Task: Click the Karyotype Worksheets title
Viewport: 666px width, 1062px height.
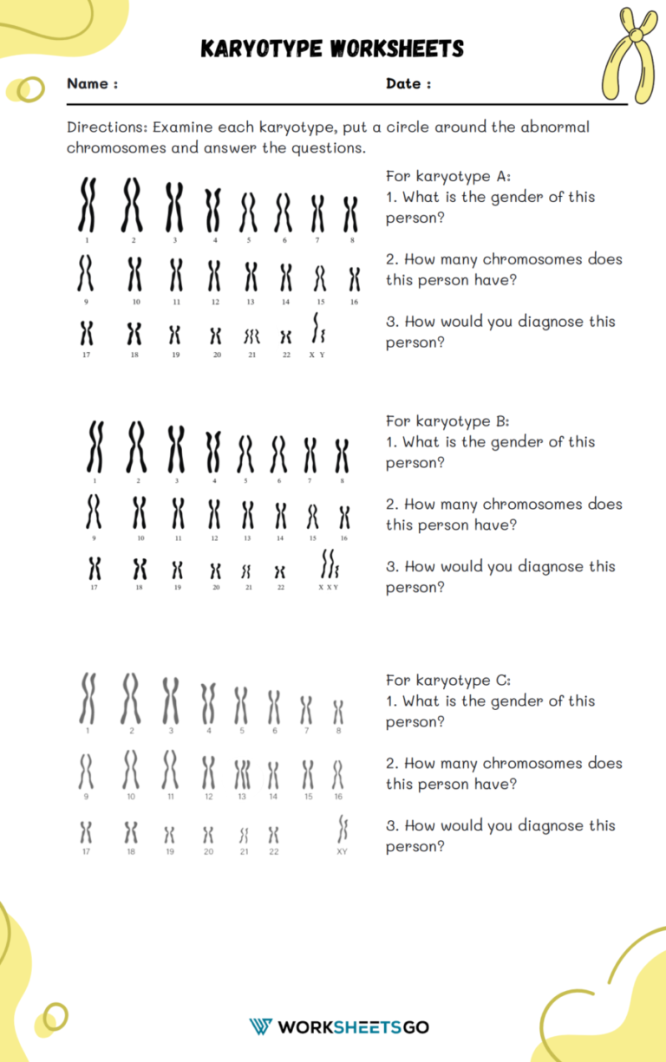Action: click(332, 49)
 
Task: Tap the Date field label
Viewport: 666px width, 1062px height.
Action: click(404, 84)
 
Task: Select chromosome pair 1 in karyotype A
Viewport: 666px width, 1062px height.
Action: click(87, 205)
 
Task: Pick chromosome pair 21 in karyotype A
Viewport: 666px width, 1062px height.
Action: click(251, 335)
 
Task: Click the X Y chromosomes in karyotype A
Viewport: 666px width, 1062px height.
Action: click(317, 330)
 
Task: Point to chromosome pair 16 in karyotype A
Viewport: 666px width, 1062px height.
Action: click(354, 279)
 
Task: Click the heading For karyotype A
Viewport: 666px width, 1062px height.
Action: click(448, 177)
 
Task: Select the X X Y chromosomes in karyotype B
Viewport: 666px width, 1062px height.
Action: click(329, 565)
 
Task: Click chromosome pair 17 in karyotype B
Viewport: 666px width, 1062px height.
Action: click(95, 569)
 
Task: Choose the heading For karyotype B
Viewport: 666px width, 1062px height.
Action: click(448, 421)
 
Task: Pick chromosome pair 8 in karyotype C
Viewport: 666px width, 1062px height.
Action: click(338, 713)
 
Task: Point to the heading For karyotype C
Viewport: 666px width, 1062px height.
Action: click(448, 681)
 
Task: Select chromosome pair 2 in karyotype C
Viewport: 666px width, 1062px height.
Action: click(131, 699)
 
